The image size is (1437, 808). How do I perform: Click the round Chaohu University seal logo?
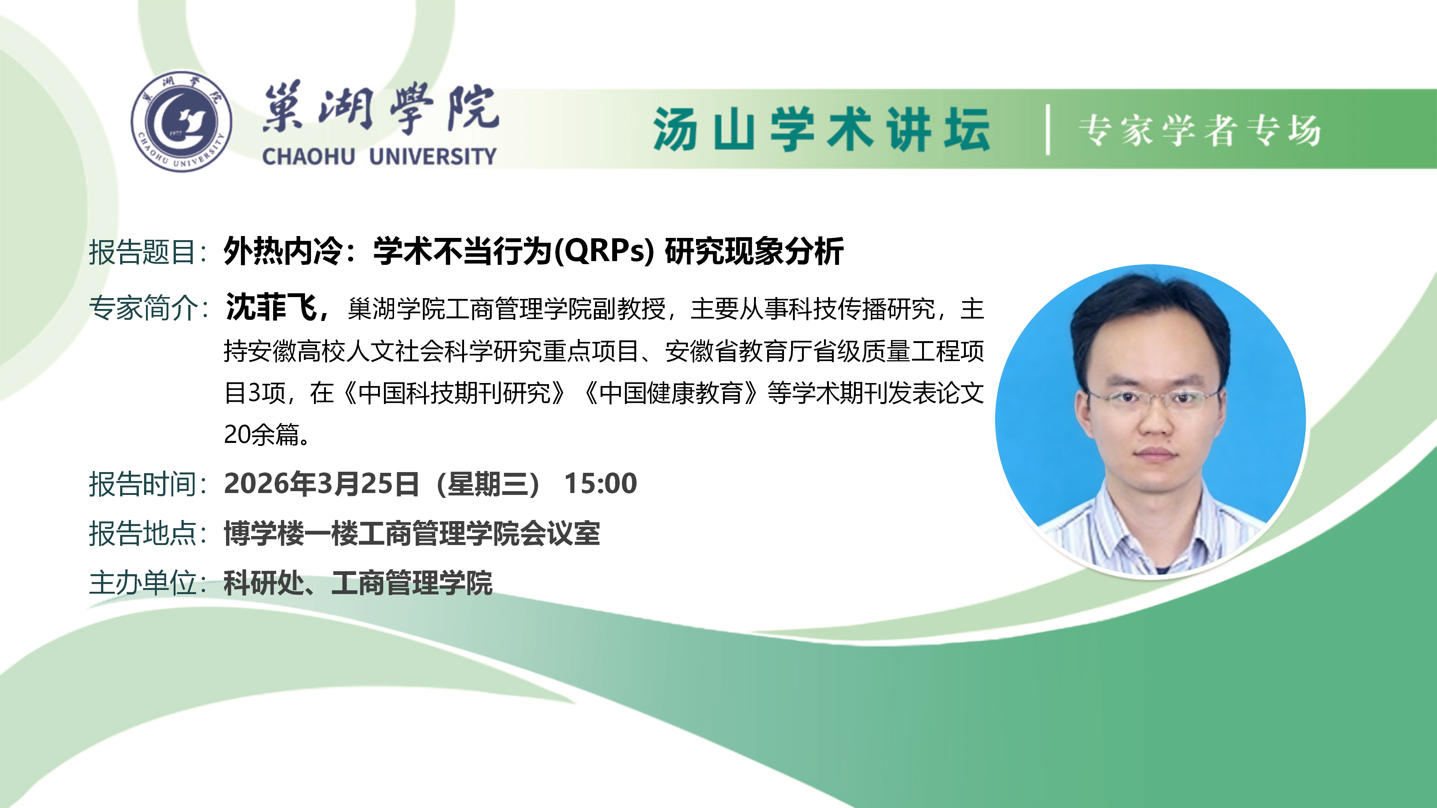pyautogui.click(x=181, y=121)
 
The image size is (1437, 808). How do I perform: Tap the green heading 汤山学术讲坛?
pyautogui.click(x=822, y=129)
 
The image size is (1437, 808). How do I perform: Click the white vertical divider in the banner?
pyautogui.click(x=1048, y=129)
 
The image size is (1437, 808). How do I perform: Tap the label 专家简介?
pyautogui.click(x=142, y=308)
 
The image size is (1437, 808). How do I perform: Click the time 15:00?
pyautogui.click(x=600, y=483)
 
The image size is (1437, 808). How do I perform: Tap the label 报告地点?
pyautogui.click(x=142, y=534)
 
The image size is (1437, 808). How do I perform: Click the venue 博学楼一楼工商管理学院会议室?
pyautogui.click(x=412, y=534)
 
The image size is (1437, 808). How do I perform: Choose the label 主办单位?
pyautogui.click(x=142, y=583)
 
